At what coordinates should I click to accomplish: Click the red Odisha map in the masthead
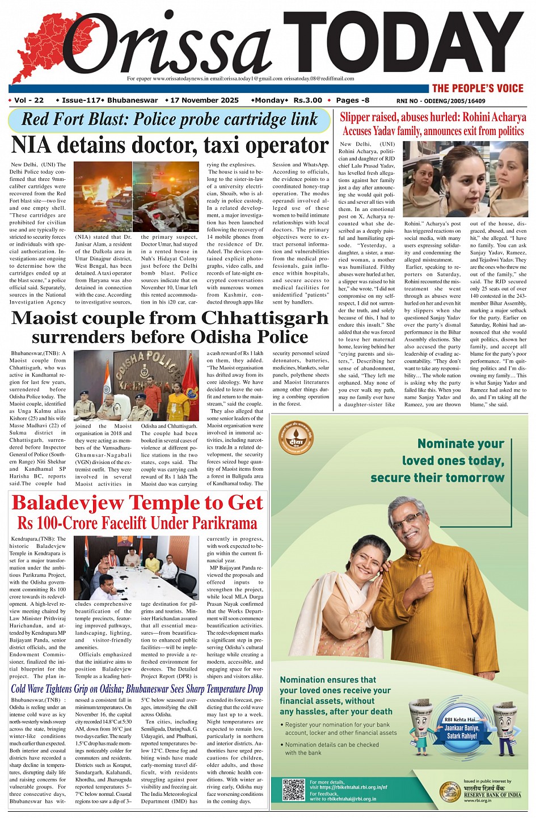pyautogui.click(x=40, y=48)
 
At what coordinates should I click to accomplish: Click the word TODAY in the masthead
pyautogui.click(x=403, y=43)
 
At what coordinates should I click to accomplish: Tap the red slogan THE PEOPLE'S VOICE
pyautogui.click(x=478, y=88)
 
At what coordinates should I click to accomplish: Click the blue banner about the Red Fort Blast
pyautogui.click(x=169, y=120)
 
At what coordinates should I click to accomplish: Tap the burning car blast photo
pyautogui.click(x=103, y=196)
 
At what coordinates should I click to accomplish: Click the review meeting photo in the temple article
pyautogui.click(x=136, y=568)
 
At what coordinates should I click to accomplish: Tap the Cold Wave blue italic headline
pyautogui.click(x=137, y=689)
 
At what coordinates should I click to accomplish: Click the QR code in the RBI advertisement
pyautogui.click(x=294, y=789)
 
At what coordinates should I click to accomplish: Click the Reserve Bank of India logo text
pyautogui.click(x=492, y=794)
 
